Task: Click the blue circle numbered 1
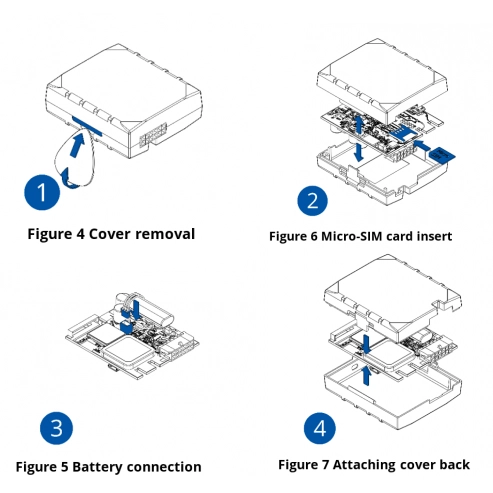42,192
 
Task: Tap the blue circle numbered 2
312,201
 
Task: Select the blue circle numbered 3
56,428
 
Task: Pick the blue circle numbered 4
320,428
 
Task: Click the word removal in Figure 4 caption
165,234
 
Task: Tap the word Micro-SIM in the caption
352,236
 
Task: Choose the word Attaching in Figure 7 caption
363,465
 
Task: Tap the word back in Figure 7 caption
454,464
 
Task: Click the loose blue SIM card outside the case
442,154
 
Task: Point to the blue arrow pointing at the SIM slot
422,145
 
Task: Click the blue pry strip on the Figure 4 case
87,126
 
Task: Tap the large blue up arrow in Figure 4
77,144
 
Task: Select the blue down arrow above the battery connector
136,309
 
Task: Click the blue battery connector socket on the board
126,327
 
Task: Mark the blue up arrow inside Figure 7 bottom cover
366,375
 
